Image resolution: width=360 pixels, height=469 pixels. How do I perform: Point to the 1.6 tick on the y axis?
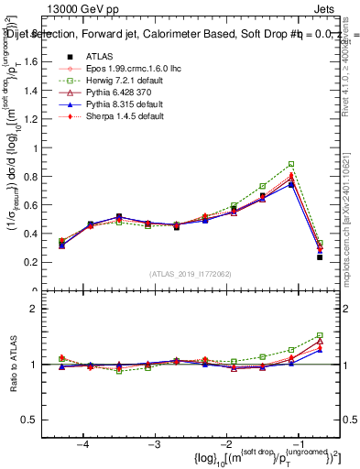pyautogui.click(x=49, y=63)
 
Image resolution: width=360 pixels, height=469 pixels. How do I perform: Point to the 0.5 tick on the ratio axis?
pyautogui.click(x=49, y=420)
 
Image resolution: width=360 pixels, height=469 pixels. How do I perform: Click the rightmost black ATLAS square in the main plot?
pyautogui.click(x=319, y=257)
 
